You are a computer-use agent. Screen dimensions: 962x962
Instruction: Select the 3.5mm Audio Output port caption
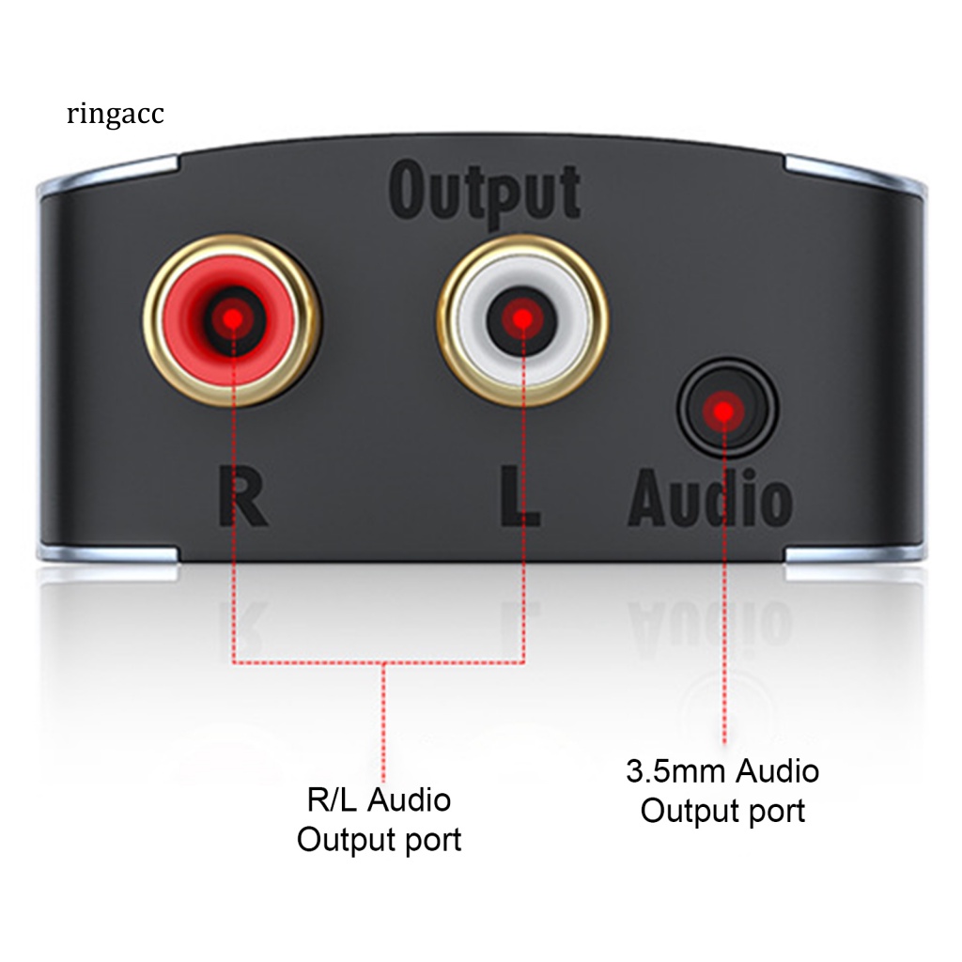722,790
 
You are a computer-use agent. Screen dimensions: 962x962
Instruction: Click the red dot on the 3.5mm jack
723,411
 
